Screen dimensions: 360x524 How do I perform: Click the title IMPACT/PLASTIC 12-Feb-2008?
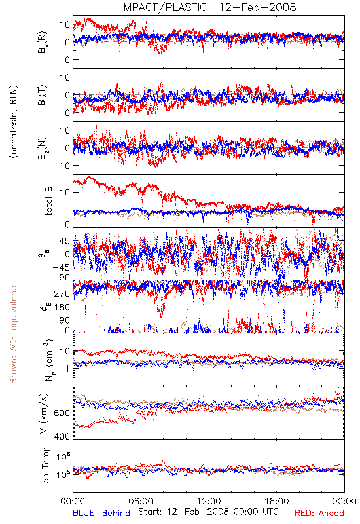coord(208,7)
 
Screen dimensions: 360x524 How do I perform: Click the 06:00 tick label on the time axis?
coord(141,501)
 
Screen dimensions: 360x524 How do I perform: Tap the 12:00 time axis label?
coord(209,501)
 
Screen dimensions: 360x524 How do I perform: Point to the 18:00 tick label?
coord(276,501)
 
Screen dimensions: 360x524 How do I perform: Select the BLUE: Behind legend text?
coord(101,513)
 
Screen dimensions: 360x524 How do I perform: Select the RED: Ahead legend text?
coord(319,513)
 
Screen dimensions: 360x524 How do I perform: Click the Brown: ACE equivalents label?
coord(13,333)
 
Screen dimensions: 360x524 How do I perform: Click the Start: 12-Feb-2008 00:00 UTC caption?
coord(208,512)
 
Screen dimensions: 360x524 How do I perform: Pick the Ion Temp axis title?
coord(46,466)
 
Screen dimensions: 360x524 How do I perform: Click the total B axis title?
coord(48,201)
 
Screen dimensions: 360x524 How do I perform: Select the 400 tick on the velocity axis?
coord(62,436)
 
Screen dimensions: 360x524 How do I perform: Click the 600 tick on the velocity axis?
coord(62,413)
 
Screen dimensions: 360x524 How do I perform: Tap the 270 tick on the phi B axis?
coord(62,293)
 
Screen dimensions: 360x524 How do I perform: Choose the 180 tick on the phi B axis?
coord(62,307)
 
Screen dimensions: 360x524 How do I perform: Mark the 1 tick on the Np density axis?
coord(67,369)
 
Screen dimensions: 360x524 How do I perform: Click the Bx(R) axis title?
coord(43,43)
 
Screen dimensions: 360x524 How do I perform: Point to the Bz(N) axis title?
coord(43,149)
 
